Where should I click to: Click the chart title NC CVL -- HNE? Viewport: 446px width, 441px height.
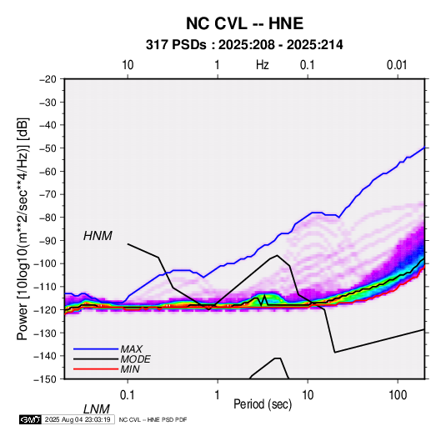pos(244,23)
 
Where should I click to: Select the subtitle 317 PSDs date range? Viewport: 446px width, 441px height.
pos(244,45)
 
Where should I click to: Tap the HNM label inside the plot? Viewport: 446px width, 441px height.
pos(98,236)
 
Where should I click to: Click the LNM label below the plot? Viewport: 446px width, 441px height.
pos(97,409)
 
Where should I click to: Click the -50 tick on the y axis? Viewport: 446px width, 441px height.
pos(48,148)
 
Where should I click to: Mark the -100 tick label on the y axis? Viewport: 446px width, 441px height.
pos(45,263)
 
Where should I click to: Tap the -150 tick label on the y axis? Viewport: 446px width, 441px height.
pos(45,379)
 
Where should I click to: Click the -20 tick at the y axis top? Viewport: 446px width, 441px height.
pos(48,79)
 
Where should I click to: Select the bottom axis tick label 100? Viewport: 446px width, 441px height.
pos(398,395)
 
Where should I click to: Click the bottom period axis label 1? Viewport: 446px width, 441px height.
pos(218,395)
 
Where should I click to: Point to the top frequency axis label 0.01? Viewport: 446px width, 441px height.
pos(397,65)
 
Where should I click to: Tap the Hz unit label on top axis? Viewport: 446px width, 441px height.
pos(263,65)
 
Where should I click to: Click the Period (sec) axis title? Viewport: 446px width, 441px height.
pos(263,404)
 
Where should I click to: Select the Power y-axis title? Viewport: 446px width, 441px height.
pos(23,228)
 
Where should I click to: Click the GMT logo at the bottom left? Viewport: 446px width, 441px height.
pos(30,419)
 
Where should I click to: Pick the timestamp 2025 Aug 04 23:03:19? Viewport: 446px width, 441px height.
pos(78,419)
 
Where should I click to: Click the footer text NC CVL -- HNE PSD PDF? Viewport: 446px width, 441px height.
pos(153,419)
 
